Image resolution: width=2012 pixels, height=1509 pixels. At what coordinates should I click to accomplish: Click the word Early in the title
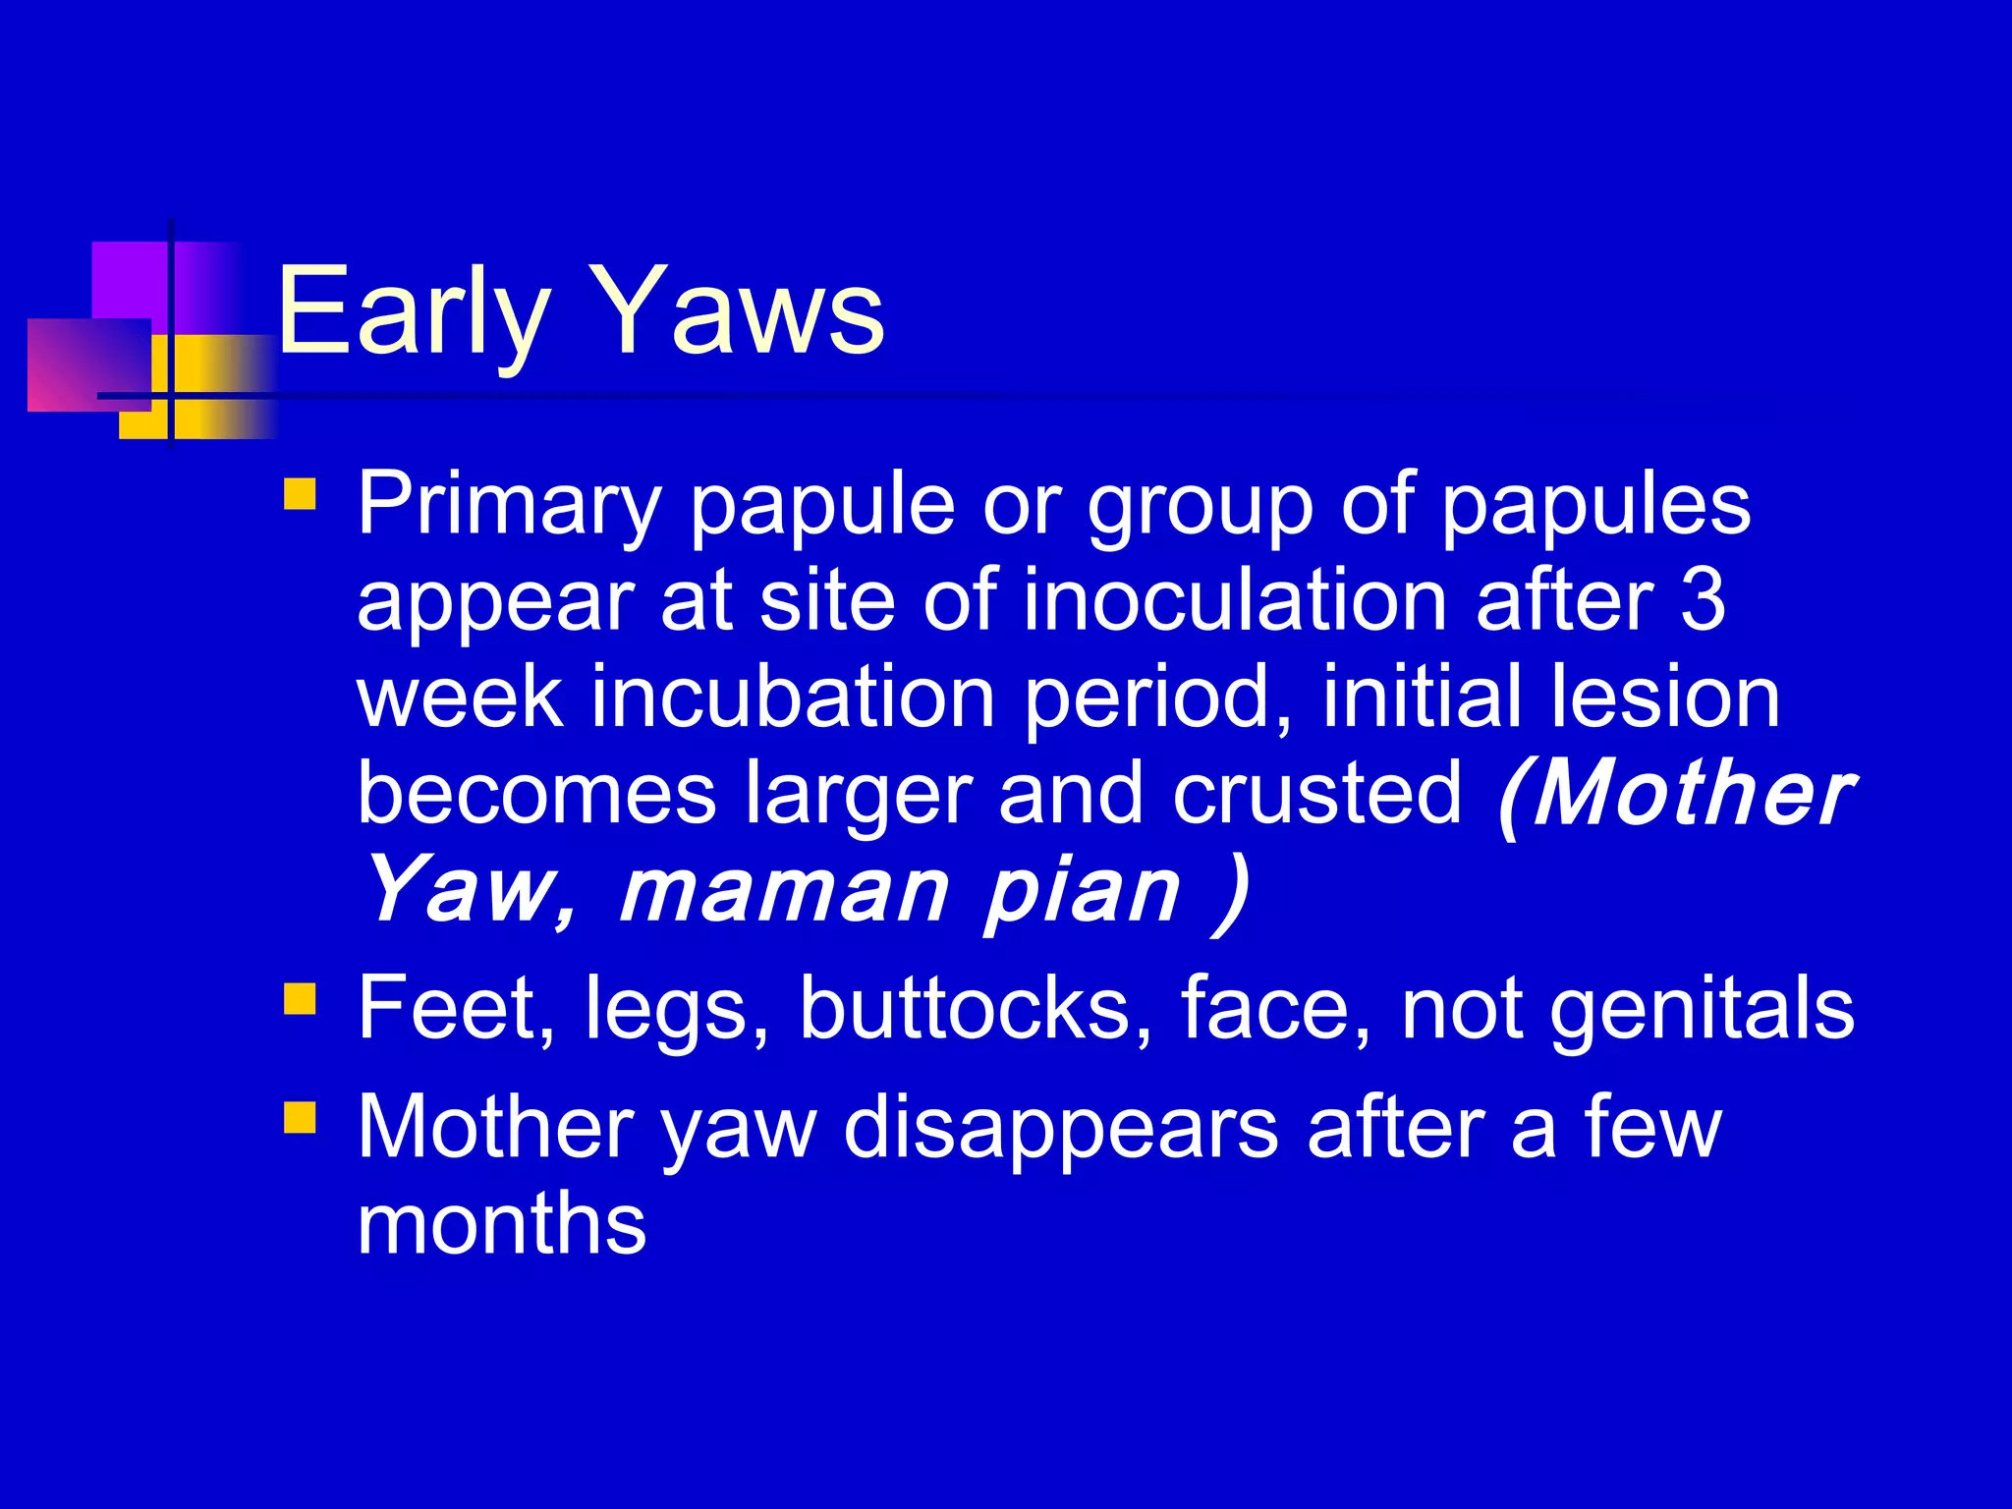[x=413, y=312]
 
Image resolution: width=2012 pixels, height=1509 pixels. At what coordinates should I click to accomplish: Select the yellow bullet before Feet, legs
[x=300, y=999]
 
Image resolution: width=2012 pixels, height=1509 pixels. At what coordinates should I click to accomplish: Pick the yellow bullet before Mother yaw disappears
[x=300, y=1117]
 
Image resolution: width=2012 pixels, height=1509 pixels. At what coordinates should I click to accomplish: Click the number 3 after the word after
[x=1702, y=600]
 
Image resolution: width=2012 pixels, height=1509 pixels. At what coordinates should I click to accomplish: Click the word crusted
[x=1316, y=793]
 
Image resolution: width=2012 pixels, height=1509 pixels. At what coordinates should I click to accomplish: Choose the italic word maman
[x=783, y=891]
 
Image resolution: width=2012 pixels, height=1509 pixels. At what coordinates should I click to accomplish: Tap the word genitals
[x=1702, y=1008]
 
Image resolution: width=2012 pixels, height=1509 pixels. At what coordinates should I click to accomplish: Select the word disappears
[x=1060, y=1128]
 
